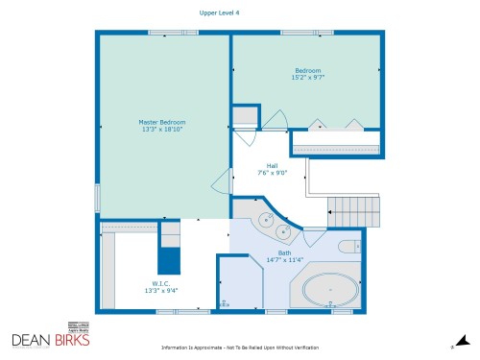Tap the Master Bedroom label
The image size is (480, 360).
[161, 122]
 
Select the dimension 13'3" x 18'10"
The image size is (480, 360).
[161, 130]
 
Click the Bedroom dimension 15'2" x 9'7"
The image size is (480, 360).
[307, 77]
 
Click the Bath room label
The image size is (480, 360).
[284, 252]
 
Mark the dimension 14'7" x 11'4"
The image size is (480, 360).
[284, 260]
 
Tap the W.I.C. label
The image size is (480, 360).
[160, 282]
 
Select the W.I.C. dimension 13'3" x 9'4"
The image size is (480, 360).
[160, 290]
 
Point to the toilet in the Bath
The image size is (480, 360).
[351, 247]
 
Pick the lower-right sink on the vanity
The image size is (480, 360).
[283, 231]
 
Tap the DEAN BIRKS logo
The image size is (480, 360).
[51, 339]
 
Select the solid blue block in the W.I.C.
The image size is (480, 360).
[169, 259]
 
